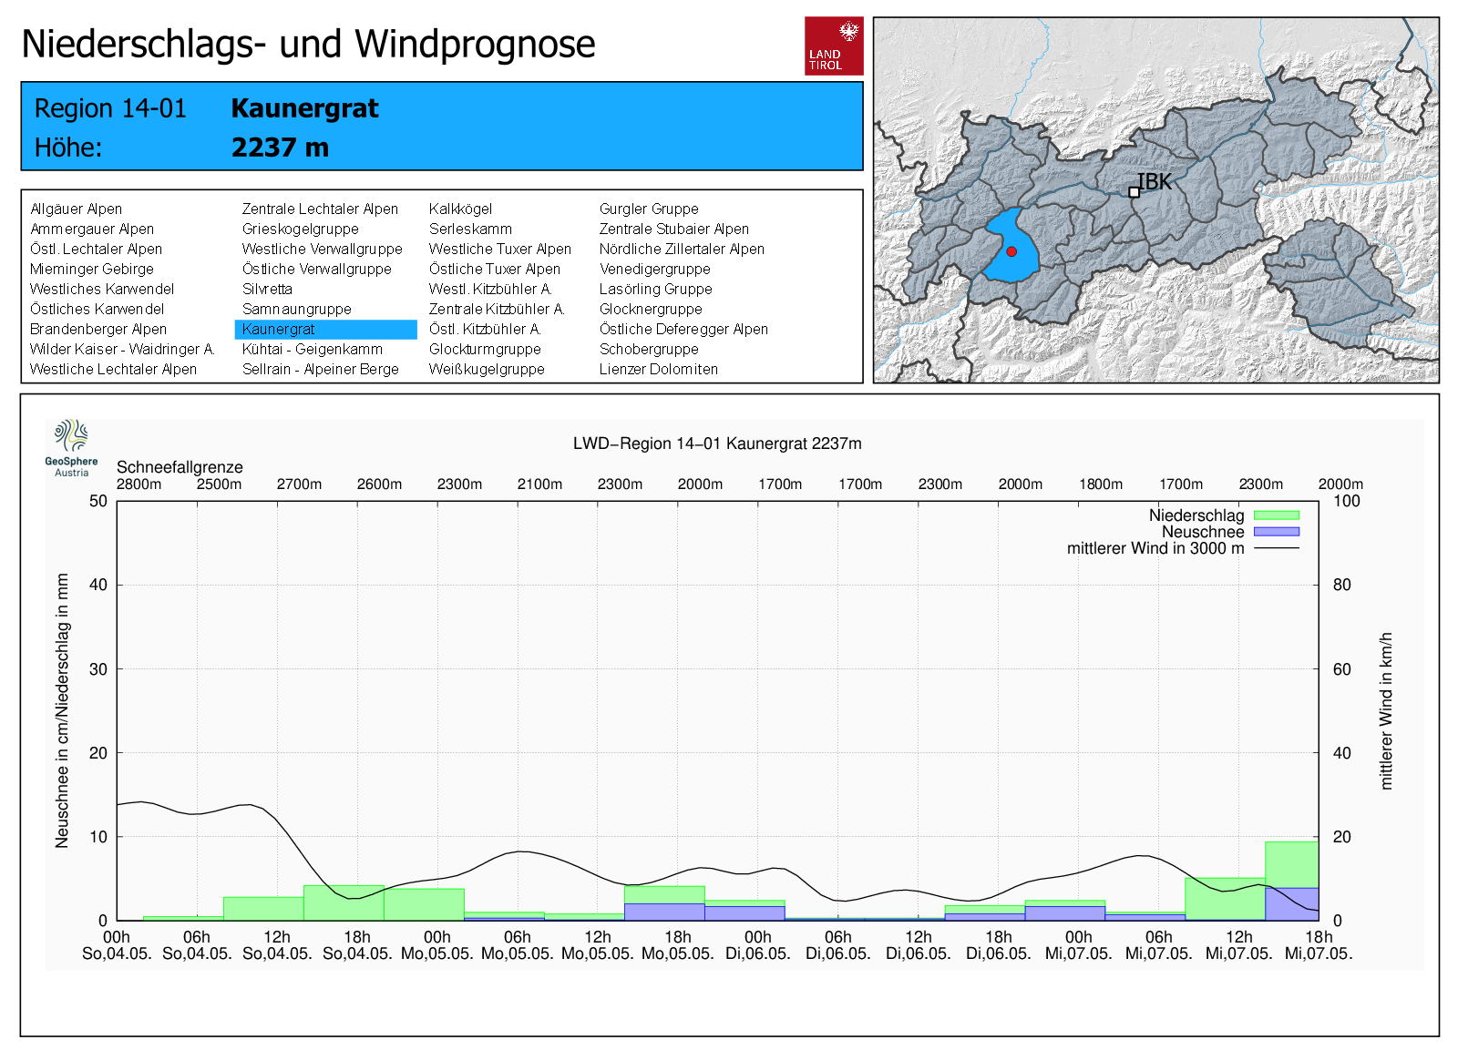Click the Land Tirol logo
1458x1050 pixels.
(x=834, y=46)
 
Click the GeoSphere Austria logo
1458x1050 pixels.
(x=71, y=447)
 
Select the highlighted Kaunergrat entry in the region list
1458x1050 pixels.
(x=279, y=329)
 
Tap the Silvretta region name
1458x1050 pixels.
(x=267, y=289)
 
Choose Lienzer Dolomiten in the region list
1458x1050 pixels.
(x=658, y=369)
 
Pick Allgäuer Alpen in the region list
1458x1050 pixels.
(x=76, y=209)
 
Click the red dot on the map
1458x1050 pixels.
(x=1011, y=251)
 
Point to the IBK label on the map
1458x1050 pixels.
(x=1155, y=182)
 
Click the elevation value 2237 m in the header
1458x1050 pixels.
(x=280, y=148)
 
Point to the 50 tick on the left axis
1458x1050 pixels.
(x=98, y=501)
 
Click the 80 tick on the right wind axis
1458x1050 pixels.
(x=1341, y=585)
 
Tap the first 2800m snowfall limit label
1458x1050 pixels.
(x=139, y=484)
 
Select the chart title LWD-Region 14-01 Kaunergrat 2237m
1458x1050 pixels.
(x=717, y=443)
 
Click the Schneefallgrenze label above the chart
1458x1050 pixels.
(x=180, y=467)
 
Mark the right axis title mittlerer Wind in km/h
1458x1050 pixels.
(x=1386, y=710)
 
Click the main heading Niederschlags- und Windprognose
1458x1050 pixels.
(x=308, y=44)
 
